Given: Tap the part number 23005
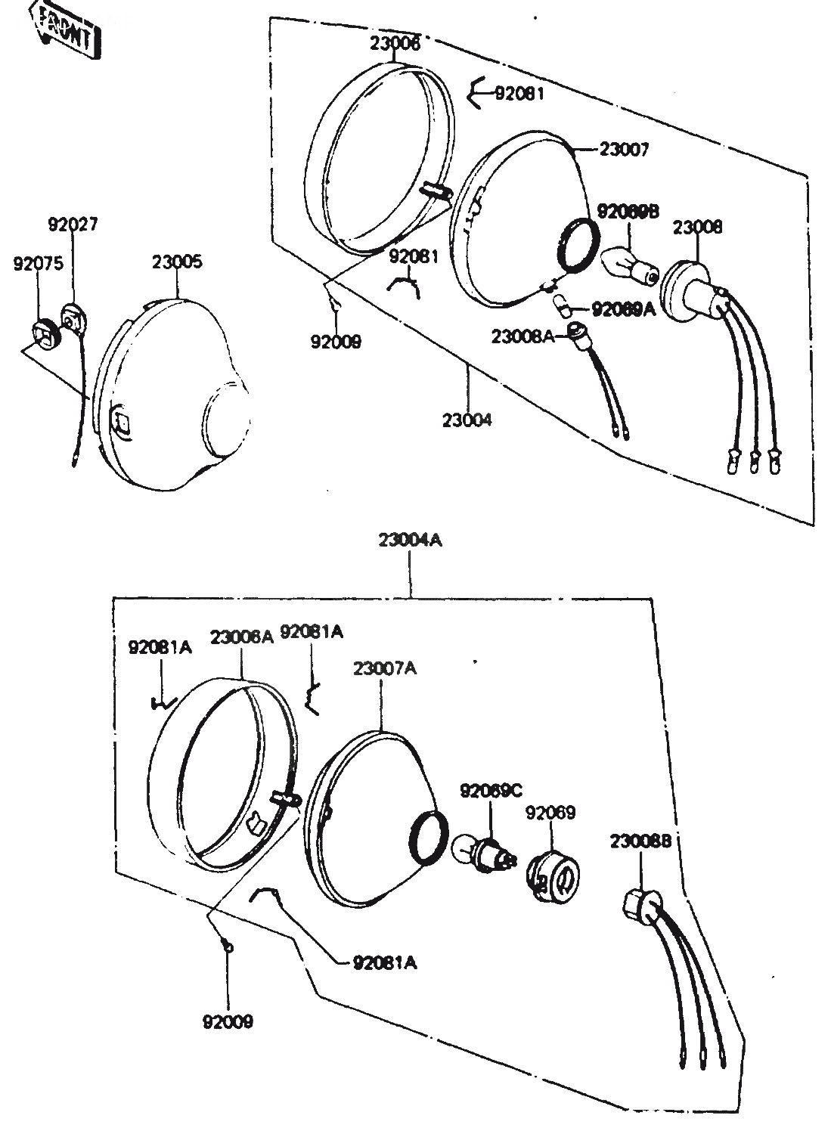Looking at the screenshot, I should click(x=177, y=262).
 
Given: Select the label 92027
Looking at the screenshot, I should click(x=73, y=225).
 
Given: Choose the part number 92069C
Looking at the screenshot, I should click(x=491, y=791).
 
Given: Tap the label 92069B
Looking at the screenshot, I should click(x=628, y=212).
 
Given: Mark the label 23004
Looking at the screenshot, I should click(x=467, y=419).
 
